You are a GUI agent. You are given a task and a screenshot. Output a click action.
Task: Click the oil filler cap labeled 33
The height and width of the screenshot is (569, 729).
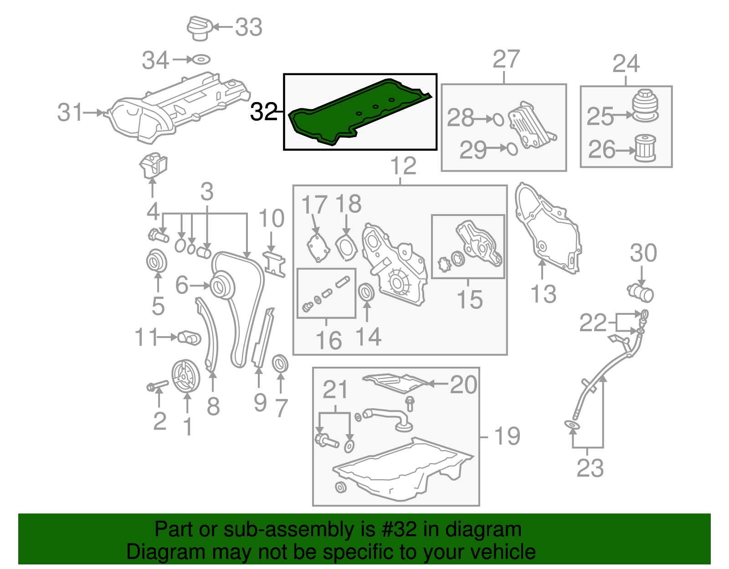tap(200, 28)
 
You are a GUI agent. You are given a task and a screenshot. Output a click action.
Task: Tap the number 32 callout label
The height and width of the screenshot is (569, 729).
tap(264, 112)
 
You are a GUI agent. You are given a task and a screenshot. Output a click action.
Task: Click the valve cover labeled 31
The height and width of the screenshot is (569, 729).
tap(178, 107)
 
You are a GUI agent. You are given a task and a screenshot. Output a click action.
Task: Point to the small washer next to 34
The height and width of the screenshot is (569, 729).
tap(200, 59)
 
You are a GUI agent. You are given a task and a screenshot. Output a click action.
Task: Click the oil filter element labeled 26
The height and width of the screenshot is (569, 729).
tap(645, 148)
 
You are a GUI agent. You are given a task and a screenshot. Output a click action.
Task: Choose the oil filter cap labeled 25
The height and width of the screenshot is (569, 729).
tap(645, 106)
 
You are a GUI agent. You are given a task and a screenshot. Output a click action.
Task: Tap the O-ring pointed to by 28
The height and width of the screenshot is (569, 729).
tap(498, 119)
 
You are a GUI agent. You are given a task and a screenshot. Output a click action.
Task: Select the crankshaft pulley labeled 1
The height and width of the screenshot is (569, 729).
tap(185, 376)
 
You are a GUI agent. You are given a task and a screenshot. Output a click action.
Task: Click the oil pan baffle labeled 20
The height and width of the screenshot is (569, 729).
tap(394, 383)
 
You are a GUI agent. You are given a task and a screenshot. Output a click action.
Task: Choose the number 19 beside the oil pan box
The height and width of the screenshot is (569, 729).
tap(507, 436)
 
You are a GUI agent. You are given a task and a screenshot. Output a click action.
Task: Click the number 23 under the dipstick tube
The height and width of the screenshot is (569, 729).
tap(590, 468)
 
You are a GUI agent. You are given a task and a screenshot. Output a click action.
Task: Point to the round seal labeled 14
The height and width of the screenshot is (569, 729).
tap(367, 292)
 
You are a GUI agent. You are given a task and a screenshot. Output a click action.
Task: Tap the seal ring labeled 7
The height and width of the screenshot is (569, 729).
tap(280, 364)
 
